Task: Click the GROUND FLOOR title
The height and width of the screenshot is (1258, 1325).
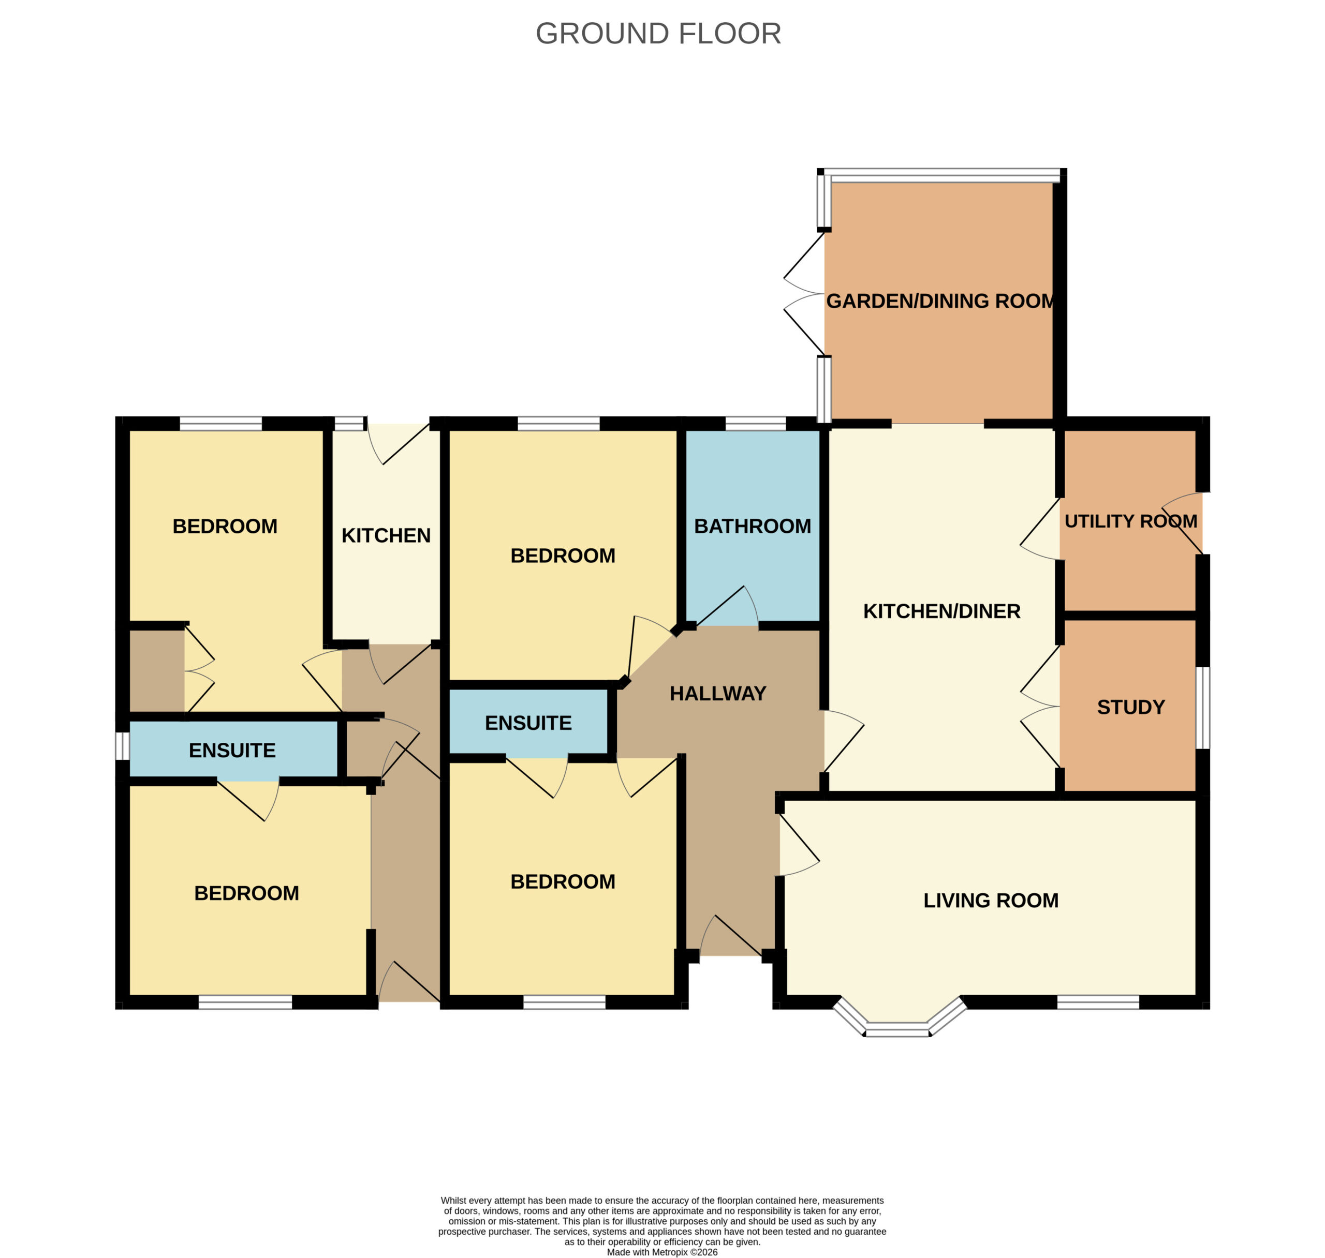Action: (x=658, y=34)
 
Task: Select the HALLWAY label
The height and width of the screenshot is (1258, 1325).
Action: (x=718, y=693)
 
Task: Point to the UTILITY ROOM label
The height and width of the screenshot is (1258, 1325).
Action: (x=1130, y=521)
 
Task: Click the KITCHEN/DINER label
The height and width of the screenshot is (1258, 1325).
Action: (x=941, y=611)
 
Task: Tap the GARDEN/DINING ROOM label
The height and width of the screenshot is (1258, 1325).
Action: (x=940, y=301)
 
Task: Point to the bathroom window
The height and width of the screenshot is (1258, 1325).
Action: (x=756, y=423)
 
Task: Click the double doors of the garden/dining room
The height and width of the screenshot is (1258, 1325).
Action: (x=803, y=294)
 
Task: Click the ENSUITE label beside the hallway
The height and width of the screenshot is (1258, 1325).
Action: (x=528, y=723)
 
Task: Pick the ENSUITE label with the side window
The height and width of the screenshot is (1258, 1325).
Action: (x=232, y=751)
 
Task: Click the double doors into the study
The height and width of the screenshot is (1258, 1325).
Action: (x=1040, y=706)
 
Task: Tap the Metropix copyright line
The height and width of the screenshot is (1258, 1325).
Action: (x=662, y=1252)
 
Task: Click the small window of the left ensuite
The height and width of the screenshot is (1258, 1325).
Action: (x=122, y=746)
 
